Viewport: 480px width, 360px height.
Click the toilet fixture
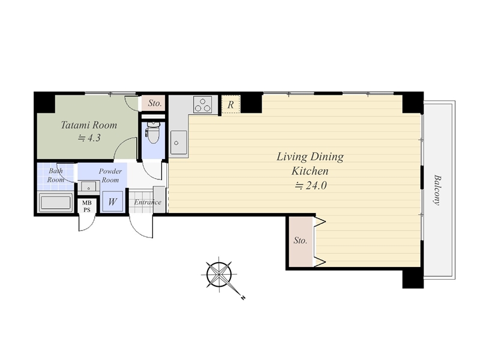[153, 133]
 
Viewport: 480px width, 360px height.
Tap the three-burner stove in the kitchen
[203, 104]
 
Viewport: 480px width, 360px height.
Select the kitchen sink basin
[179, 142]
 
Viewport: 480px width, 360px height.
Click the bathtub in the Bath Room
[55, 203]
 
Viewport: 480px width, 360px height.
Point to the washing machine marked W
[112, 202]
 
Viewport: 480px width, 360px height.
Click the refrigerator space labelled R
[231, 104]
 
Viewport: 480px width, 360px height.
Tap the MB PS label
[87, 206]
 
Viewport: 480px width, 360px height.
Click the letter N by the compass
[243, 297]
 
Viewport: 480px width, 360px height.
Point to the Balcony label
[437, 190]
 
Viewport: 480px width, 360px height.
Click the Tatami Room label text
[89, 125]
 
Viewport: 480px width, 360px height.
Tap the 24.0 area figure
[316, 185]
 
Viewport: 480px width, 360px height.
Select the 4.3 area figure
[94, 138]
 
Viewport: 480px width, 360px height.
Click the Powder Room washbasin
[89, 186]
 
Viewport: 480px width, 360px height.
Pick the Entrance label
[148, 202]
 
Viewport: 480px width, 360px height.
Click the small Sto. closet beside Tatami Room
[154, 103]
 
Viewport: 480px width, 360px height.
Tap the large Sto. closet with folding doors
[301, 241]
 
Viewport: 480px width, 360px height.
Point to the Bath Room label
[55, 175]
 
